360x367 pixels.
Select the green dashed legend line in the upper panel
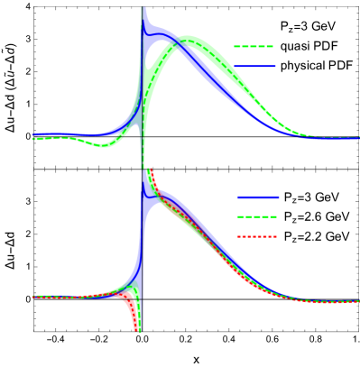coord(254,46)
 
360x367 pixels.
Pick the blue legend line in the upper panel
coord(254,66)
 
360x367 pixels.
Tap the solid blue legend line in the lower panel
coord(258,197)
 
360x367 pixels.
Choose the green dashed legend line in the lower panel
coord(257,216)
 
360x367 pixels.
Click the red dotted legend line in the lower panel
coord(257,236)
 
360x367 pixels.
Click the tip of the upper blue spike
coord(143,9)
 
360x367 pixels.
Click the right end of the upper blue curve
coord(357,138)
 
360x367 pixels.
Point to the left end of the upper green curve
coord(34,139)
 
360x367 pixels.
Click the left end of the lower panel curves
coord(34,296)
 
